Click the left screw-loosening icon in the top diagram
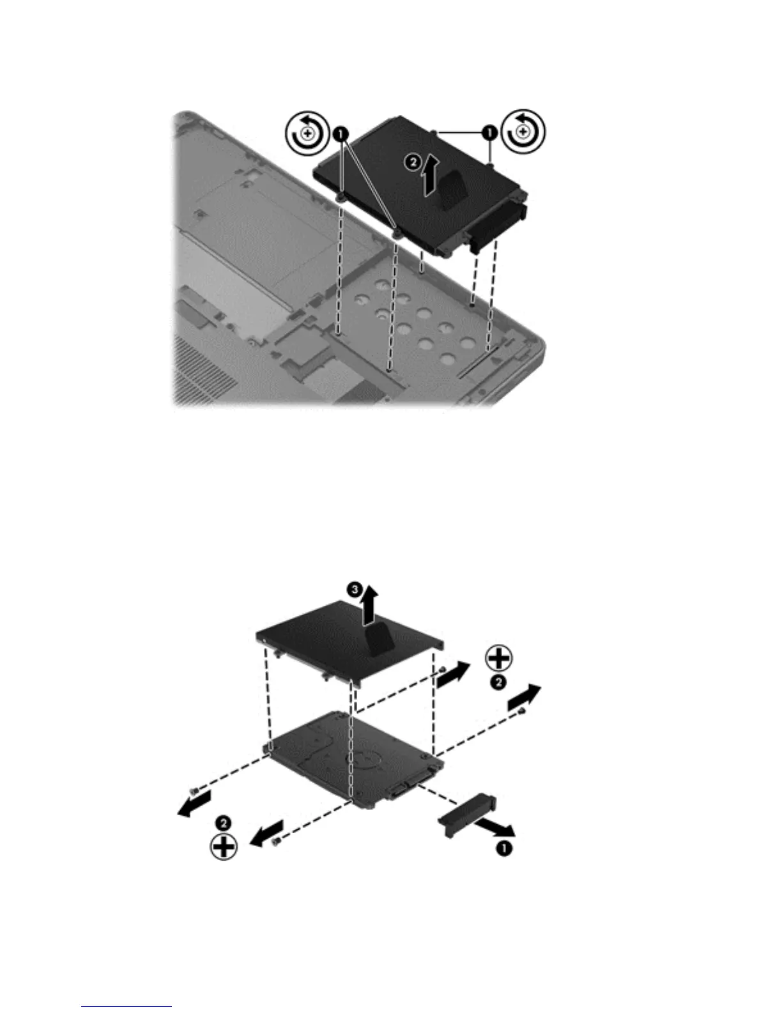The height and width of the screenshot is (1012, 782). [307, 134]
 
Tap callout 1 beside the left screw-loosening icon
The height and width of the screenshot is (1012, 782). [340, 134]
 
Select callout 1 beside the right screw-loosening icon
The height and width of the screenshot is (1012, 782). [489, 134]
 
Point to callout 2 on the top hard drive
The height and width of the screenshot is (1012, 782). [413, 163]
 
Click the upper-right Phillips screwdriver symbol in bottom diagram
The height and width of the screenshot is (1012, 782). [499, 658]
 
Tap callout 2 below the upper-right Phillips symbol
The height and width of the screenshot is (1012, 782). [499, 682]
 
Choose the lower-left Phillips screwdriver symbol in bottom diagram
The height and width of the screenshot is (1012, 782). [224, 847]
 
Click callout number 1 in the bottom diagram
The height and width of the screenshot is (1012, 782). [504, 849]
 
